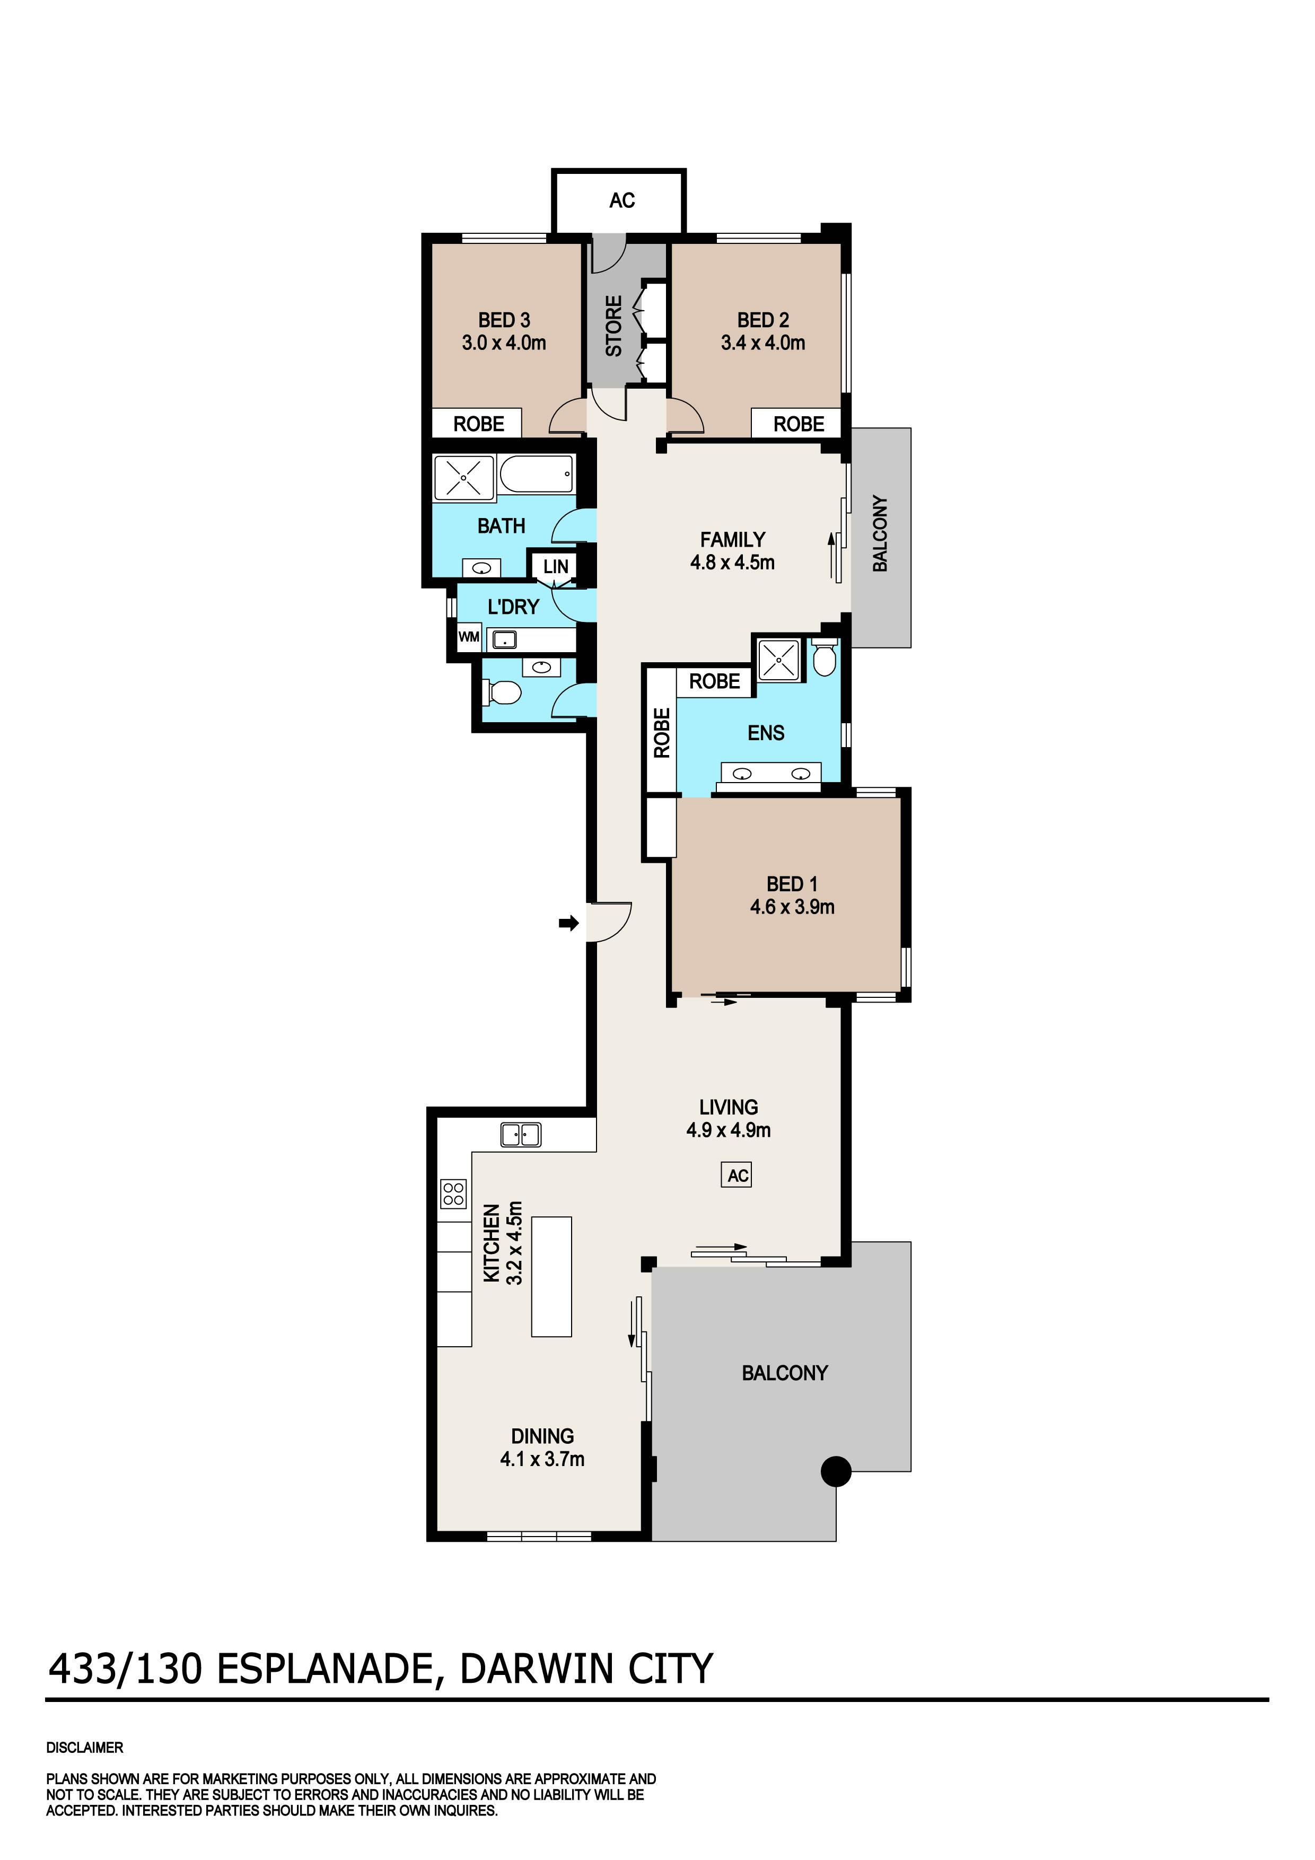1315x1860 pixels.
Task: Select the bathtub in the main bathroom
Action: click(x=537, y=475)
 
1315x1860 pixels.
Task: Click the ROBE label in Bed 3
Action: click(x=479, y=424)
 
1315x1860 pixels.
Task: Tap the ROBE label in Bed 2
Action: click(x=799, y=424)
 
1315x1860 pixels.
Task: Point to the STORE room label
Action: click(x=614, y=326)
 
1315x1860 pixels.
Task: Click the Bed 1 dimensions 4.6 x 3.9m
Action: click(x=792, y=907)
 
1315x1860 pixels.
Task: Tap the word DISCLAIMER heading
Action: click(x=84, y=1748)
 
